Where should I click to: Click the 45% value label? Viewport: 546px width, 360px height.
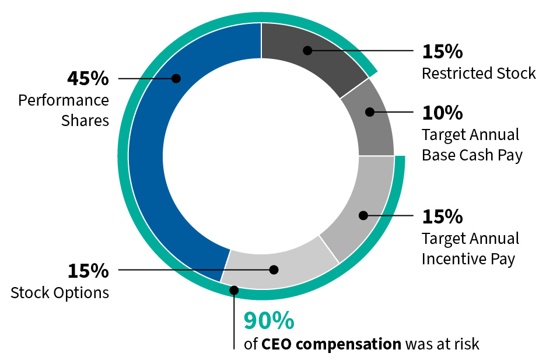click(x=88, y=78)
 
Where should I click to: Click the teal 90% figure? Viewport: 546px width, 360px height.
click(x=269, y=321)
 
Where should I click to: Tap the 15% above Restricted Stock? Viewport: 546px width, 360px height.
click(x=442, y=51)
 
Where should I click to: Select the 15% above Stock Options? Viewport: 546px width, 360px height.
click(x=88, y=271)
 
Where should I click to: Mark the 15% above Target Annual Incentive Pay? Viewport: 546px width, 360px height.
click(x=442, y=216)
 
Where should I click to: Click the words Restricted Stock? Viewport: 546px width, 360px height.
click(x=478, y=74)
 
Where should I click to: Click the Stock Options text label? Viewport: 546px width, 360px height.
click(x=60, y=292)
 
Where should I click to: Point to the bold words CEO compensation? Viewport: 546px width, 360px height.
click(x=331, y=344)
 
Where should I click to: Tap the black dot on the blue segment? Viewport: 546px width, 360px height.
click(x=176, y=78)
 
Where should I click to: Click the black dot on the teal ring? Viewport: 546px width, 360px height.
click(x=234, y=290)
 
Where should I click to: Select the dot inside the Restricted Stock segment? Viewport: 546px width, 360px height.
click(x=307, y=51)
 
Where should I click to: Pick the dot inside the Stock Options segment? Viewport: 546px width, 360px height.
click(x=274, y=270)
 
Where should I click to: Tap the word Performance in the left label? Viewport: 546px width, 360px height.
click(x=63, y=100)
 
